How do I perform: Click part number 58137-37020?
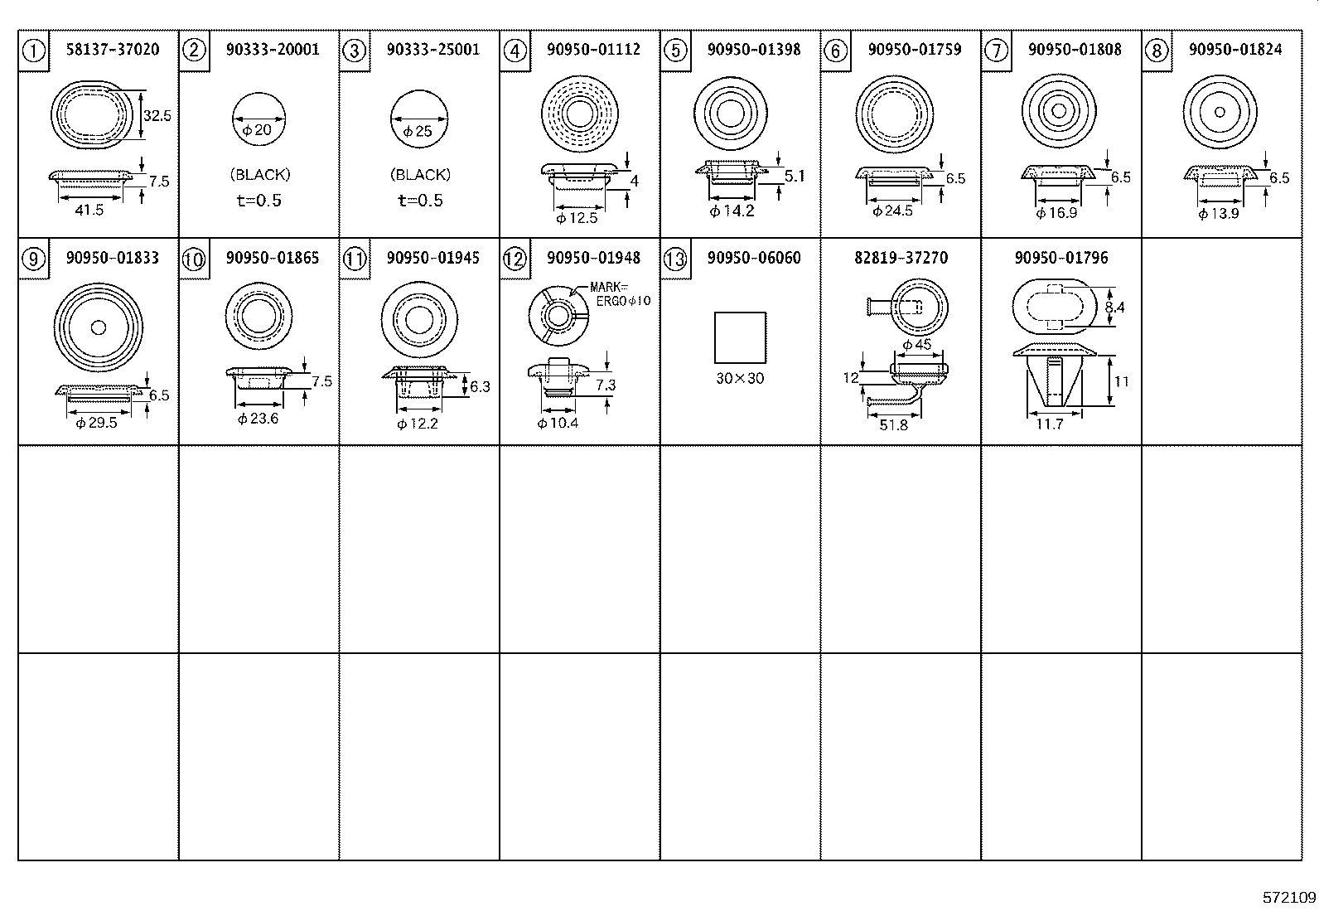[x=113, y=50]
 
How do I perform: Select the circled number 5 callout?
[x=676, y=51]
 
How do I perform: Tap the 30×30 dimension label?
[x=740, y=379]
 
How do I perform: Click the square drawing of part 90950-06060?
[x=740, y=337]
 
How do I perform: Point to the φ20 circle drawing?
[x=258, y=119]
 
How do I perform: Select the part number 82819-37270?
[x=901, y=258]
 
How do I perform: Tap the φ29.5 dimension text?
[x=96, y=423]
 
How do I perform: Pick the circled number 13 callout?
[x=676, y=259]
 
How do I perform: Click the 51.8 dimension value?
[x=893, y=425]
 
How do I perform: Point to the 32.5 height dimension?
[x=157, y=116]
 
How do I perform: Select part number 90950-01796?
[x=1061, y=258]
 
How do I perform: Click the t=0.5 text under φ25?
[x=420, y=201]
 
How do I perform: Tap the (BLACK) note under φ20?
[x=260, y=175]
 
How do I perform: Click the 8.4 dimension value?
[x=1115, y=308]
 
